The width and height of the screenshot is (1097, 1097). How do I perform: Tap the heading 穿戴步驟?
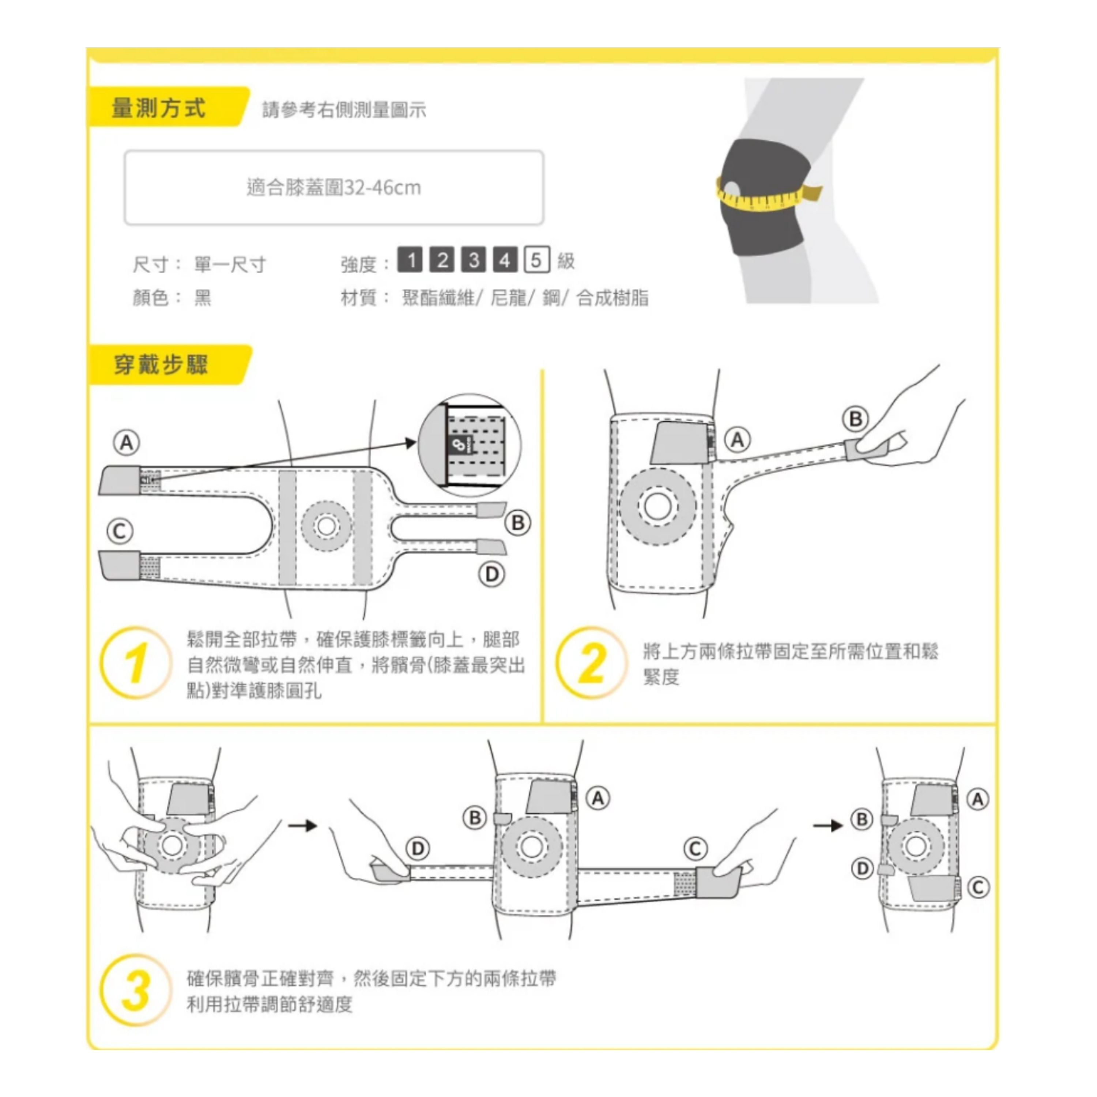click(161, 365)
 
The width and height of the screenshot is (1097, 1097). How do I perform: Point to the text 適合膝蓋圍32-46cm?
click(334, 187)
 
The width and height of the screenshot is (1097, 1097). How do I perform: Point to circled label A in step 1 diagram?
click(127, 443)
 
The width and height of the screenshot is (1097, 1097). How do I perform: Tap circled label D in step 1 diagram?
click(492, 574)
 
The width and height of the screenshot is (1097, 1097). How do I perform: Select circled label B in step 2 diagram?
click(856, 419)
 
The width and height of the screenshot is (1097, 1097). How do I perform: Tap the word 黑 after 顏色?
click(203, 298)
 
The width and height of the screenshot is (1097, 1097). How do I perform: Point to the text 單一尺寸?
click(230, 264)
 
